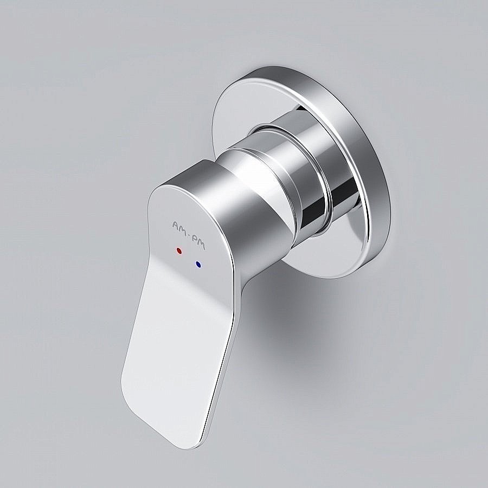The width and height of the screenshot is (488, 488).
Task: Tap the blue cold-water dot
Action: pyautogui.click(x=199, y=265)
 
